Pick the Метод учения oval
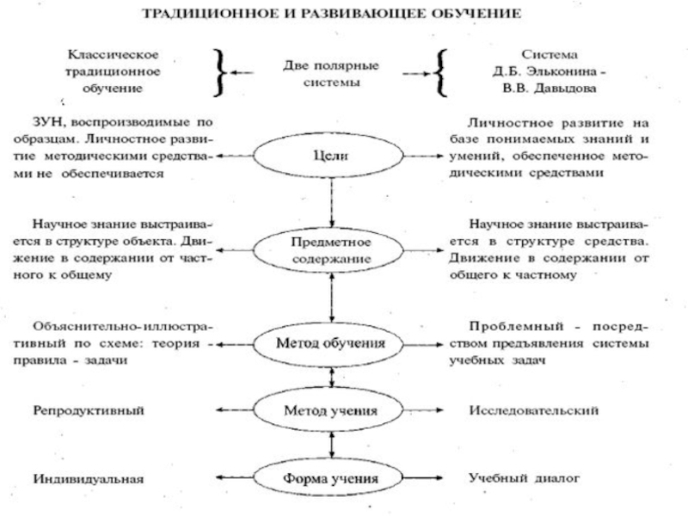(x=331, y=410)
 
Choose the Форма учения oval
(x=331, y=476)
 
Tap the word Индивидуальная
(x=87, y=476)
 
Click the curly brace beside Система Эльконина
(x=440, y=71)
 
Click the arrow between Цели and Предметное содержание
(x=331, y=200)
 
